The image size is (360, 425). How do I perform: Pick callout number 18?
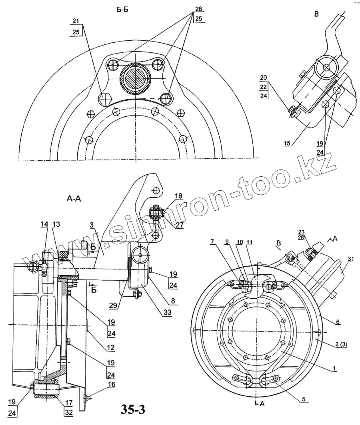tap(178, 196)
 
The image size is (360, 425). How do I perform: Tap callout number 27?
tap(179, 225)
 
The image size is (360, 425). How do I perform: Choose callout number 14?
tap(44, 225)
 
